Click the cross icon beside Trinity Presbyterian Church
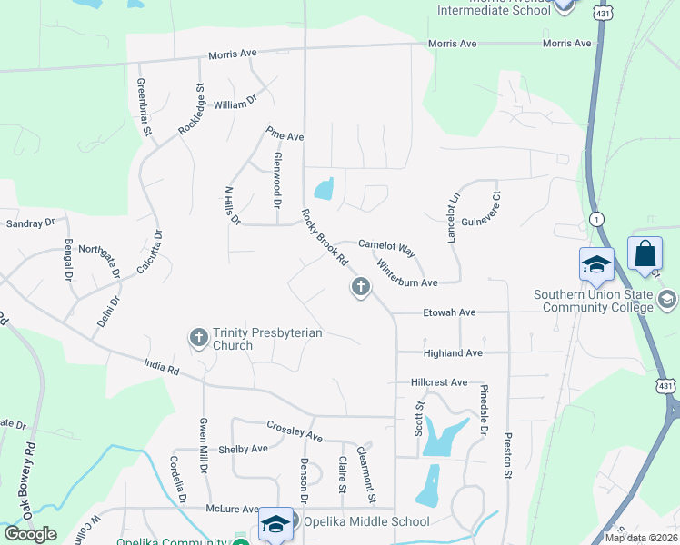pos(199,339)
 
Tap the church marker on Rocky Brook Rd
pos(360,288)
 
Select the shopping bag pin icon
pos(645,254)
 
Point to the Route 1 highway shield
pos(596,219)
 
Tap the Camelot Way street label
pos(386,245)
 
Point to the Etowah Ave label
pos(449,312)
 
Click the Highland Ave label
pos(453,352)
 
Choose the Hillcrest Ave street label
pos(438,382)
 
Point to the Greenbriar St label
pos(144,107)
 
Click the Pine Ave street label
pos(285,135)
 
